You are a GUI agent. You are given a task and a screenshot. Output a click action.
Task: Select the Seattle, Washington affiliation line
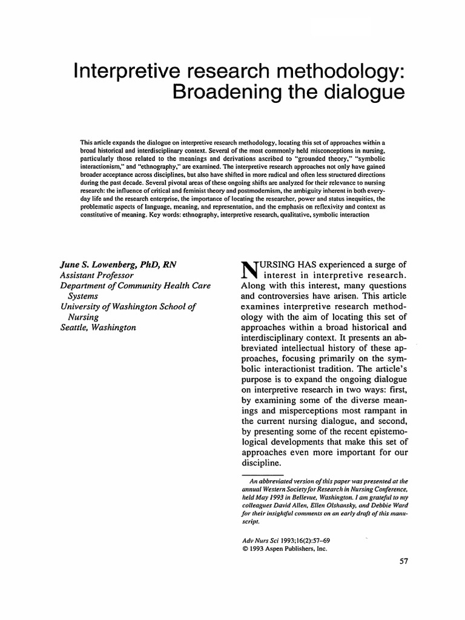pos(97,328)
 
